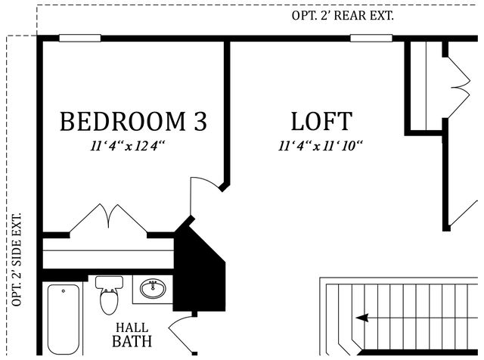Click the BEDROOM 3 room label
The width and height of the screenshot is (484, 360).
pyautogui.click(x=133, y=121)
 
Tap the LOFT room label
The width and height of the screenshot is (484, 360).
pyautogui.click(x=321, y=121)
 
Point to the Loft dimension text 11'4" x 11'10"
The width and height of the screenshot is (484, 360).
pyautogui.click(x=321, y=145)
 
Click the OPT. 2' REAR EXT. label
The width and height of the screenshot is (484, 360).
pyautogui.click(x=342, y=16)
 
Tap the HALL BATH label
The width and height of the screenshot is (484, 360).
pyautogui.click(x=132, y=335)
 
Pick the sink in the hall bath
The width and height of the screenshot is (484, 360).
pyautogui.click(x=154, y=289)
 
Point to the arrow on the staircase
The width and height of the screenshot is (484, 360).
pyautogui.click(x=364, y=318)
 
